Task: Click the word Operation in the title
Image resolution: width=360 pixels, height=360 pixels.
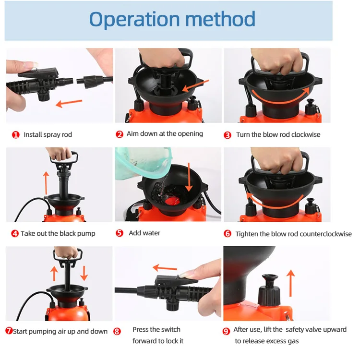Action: pyautogui.click(x=134, y=20)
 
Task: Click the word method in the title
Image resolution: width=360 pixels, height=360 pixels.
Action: pyautogui.click(x=220, y=19)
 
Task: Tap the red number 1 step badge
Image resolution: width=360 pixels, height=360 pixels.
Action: pyautogui.click(x=16, y=135)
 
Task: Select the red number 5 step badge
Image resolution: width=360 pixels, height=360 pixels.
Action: pyautogui.click(x=120, y=233)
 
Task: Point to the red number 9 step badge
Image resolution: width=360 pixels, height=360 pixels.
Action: pyautogui.click(x=226, y=331)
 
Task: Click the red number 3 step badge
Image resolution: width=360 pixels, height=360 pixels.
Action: pyautogui.click(x=228, y=135)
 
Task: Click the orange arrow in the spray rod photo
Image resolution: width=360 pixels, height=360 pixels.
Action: pyautogui.click(x=69, y=103)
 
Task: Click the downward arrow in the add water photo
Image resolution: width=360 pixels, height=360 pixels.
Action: pyautogui.click(x=189, y=177)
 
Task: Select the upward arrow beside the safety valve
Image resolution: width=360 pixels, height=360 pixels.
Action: pyautogui.click(x=291, y=283)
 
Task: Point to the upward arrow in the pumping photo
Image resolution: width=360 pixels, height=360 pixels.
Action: pyautogui.click(x=54, y=274)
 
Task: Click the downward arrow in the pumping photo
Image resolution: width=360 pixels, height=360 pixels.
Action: pyautogui.click(x=84, y=273)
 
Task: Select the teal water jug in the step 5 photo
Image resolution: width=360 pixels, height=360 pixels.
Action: pyautogui.click(x=144, y=163)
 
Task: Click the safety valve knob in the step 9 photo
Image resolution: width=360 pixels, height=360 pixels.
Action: pyautogui.click(x=270, y=290)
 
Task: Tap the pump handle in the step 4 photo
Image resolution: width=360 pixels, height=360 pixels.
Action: pyautogui.click(x=64, y=158)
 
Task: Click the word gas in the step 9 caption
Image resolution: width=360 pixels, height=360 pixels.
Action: pyautogui.click(x=293, y=341)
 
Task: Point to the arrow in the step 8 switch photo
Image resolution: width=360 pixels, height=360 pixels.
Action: pyautogui.click(x=165, y=267)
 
